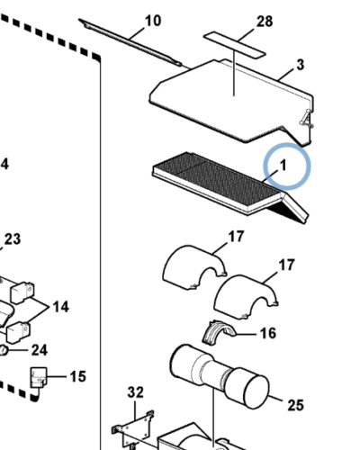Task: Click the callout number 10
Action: pos(153,22)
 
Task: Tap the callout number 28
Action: pos(265,22)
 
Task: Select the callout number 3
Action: pos(300,65)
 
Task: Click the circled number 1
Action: pos(283,166)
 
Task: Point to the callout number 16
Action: pos(268,333)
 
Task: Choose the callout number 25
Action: pos(296,405)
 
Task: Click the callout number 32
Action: pos(136,392)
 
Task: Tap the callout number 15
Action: pos(77,376)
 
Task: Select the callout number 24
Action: pos(40,350)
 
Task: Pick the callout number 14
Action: pos(61,307)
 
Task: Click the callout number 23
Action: pos(13,239)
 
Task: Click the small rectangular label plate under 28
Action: pos(235,44)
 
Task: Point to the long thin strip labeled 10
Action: pos(130,42)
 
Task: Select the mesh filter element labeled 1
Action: pos(230,187)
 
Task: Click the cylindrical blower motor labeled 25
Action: pos(220,376)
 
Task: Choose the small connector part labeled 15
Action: pos(39,377)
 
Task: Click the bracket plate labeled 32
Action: pos(132,429)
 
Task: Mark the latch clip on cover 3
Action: pos(307,118)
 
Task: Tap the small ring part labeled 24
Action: pos(4,350)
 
